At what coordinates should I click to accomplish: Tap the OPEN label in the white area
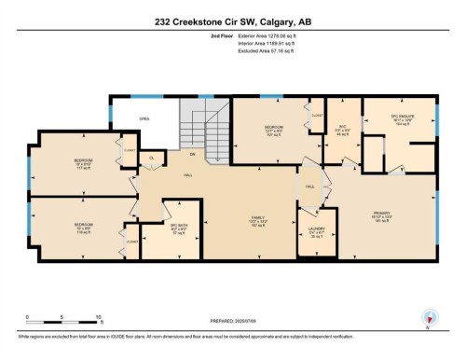144,119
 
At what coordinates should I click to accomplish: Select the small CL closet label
152,158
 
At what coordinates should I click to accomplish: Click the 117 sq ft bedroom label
83,163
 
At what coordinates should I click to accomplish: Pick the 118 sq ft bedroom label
83,228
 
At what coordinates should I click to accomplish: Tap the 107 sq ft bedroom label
273,131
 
